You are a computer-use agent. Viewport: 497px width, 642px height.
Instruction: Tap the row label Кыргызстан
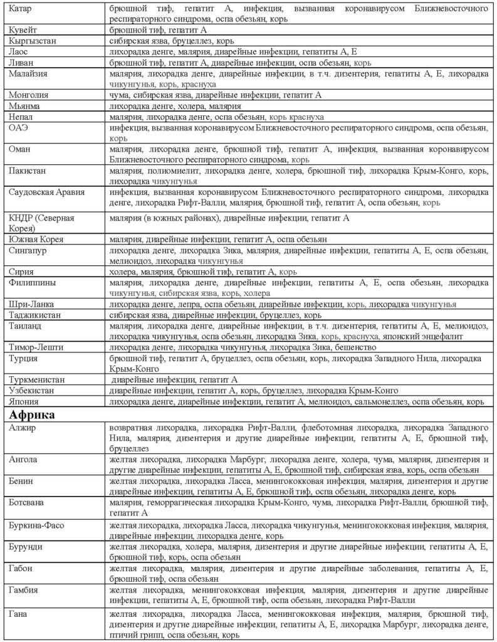point(31,40)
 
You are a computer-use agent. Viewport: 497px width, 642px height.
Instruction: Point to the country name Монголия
point(28,95)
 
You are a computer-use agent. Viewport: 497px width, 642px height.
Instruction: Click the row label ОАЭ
point(19,127)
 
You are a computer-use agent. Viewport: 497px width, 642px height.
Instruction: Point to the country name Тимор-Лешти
point(38,347)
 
